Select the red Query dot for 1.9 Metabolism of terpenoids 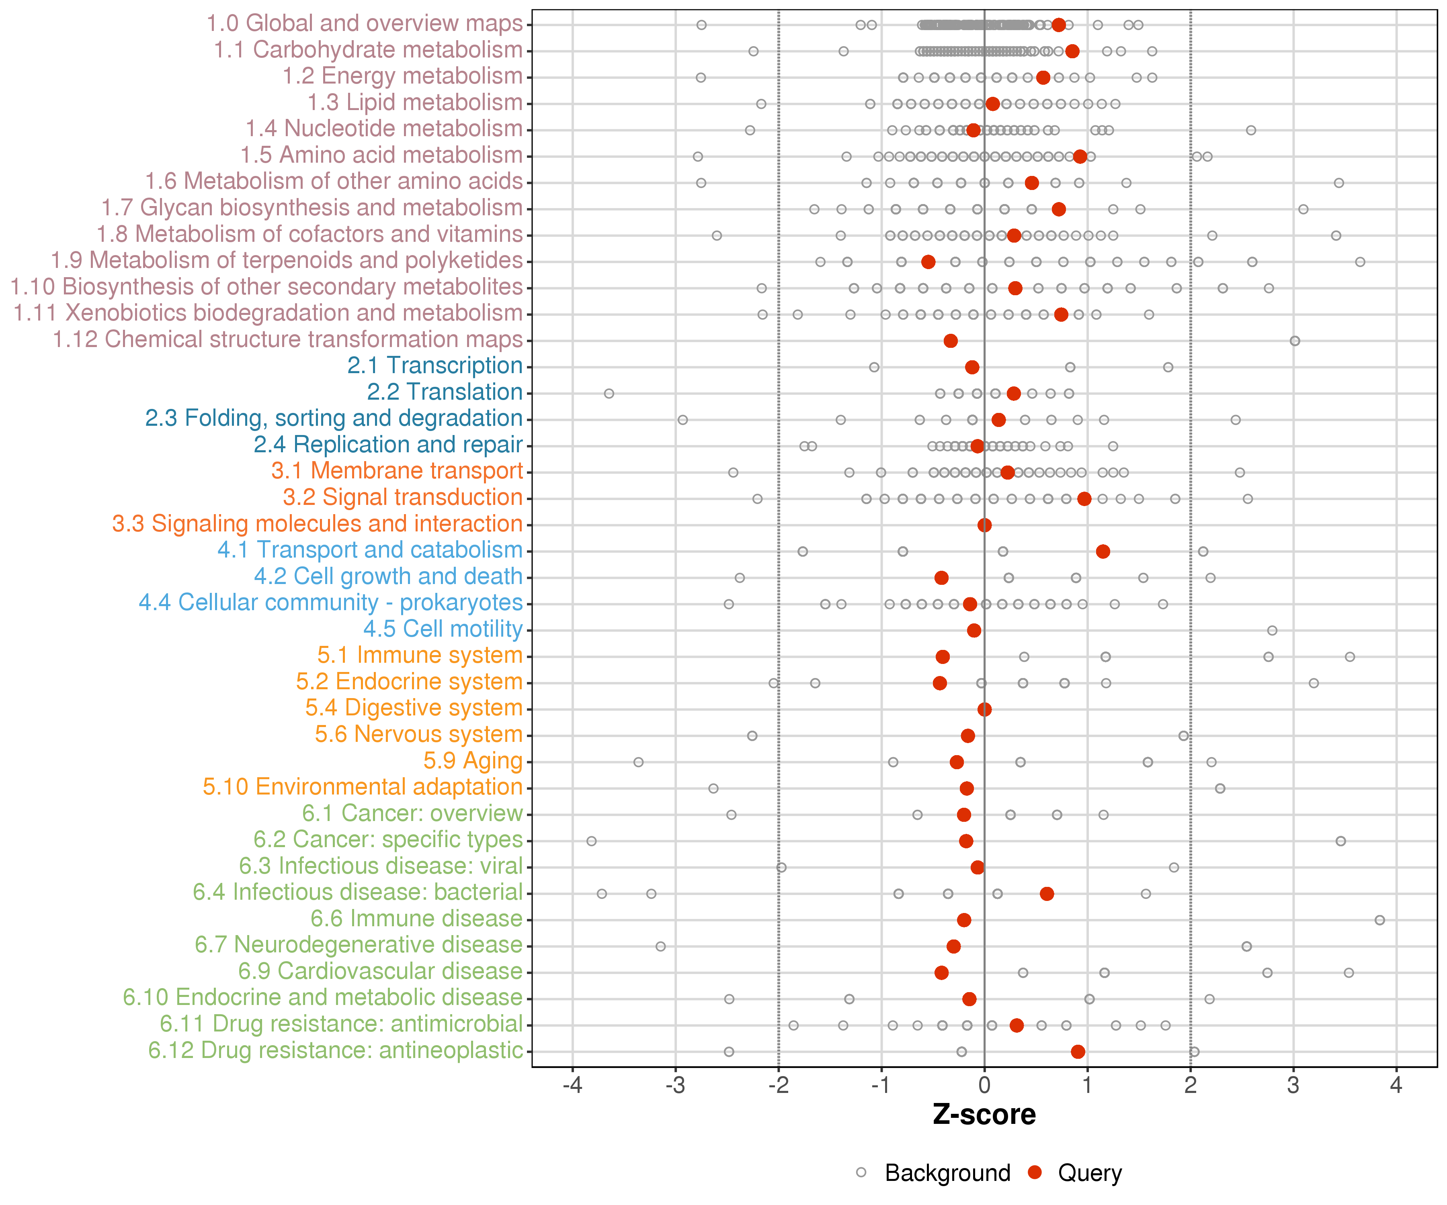(928, 261)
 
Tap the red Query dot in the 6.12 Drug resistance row (1078, 1052)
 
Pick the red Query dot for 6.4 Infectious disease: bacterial (1047, 894)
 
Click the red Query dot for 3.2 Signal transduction (1084, 498)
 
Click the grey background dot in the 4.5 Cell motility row (1272, 630)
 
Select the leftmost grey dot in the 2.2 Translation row (609, 393)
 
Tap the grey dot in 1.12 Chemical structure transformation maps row (1295, 341)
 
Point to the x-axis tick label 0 (984, 1086)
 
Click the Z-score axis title (984, 1114)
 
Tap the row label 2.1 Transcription (435, 366)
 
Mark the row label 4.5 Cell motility (443, 629)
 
